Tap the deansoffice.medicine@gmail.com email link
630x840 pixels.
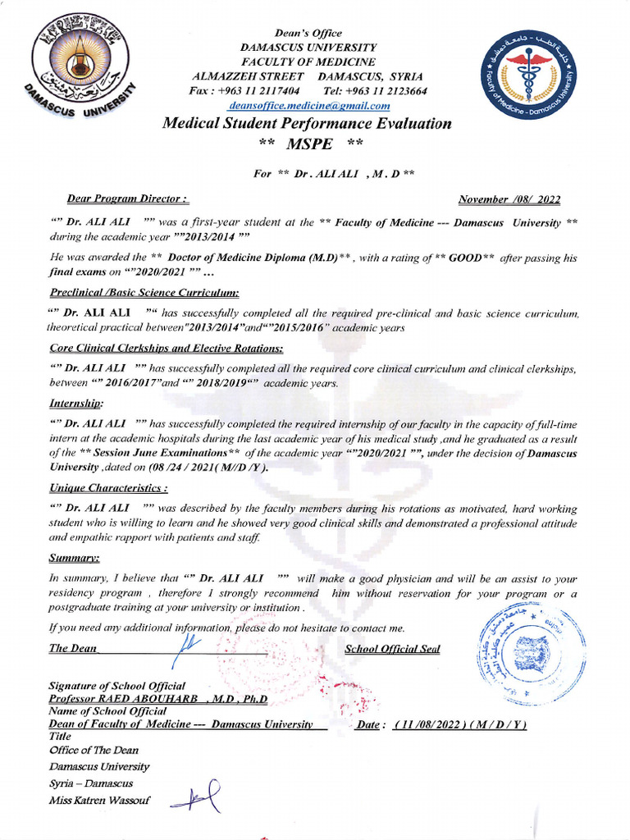(x=309, y=105)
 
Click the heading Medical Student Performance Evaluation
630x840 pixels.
(x=307, y=124)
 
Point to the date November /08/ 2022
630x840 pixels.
(x=509, y=199)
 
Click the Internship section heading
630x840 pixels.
(x=76, y=404)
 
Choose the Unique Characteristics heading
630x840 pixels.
(x=108, y=488)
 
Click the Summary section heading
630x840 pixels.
(x=75, y=558)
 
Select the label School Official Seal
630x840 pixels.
(x=392, y=649)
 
